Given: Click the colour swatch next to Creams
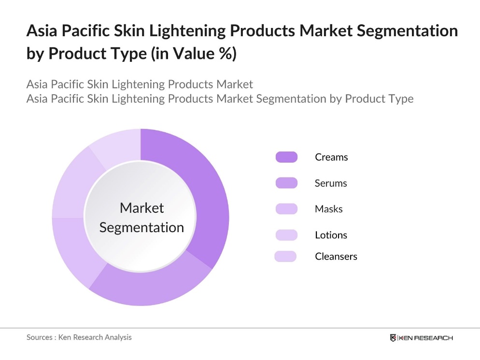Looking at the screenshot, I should coord(286,157).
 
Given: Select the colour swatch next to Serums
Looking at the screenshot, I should coord(286,183).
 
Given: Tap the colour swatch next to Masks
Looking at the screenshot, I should coord(286,209).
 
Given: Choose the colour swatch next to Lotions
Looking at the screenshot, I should coord(286,235).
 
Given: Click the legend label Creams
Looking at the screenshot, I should coord(331,157).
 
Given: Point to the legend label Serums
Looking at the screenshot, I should coord(331,183).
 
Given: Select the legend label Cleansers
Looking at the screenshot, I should coord(336,256).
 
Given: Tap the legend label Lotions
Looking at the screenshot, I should coord(331,235).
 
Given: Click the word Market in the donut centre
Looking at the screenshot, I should coord(141,208).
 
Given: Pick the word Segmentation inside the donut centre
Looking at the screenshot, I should coord(141,227).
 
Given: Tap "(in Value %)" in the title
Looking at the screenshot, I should coord(193,54).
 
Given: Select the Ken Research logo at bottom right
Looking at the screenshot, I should coord(421,338).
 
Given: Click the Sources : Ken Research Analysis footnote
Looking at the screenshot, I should coord(79,337).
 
